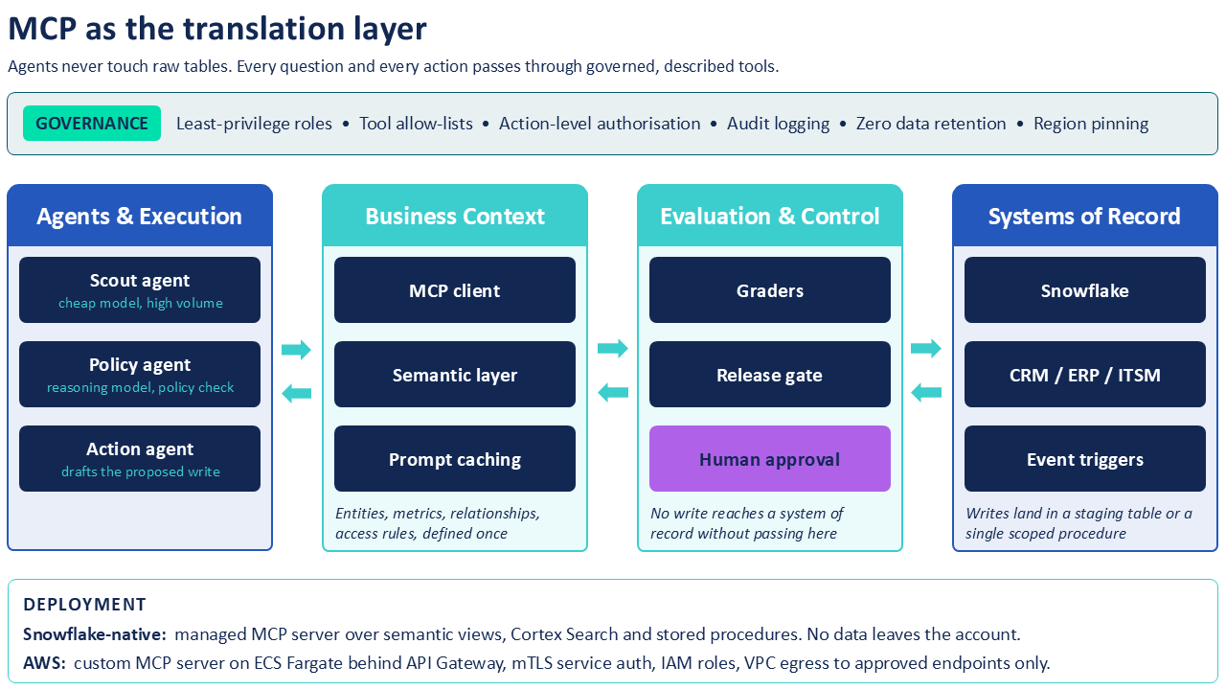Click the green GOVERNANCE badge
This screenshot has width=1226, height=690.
(x=92, y=124)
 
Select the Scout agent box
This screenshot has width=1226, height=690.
(x=140, y=289)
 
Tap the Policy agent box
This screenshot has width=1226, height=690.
(x=140, y=374)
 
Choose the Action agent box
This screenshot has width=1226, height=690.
(x=140, y=458)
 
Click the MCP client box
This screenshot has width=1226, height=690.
(x=455, y=289)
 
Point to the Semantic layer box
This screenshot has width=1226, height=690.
(x=455, y=374)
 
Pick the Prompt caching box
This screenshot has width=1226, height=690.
(x=455, y=458)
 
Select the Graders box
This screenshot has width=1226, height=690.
(x=770, y=289)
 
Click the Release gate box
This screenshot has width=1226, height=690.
(x=770, y=374)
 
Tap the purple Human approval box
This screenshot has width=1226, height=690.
(x=770, y=458)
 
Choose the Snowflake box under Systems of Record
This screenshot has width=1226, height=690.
(x=1085, y=289)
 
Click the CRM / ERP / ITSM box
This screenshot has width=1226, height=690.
(x=1085, y=374)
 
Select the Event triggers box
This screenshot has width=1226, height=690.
(x=1085, y=458)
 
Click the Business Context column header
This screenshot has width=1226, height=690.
(x=455, y=216)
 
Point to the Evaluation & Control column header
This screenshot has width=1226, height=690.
(x=770, y=216)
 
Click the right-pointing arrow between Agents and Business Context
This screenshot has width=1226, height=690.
(x=296, y=350)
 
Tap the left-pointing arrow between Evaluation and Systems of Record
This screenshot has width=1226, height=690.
(x=926, y=392)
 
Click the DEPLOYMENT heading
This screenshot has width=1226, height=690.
(x=85, y=604)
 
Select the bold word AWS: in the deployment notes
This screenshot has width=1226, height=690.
(x=44, y=663)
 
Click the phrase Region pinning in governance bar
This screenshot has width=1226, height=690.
(x=1091, y=124)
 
